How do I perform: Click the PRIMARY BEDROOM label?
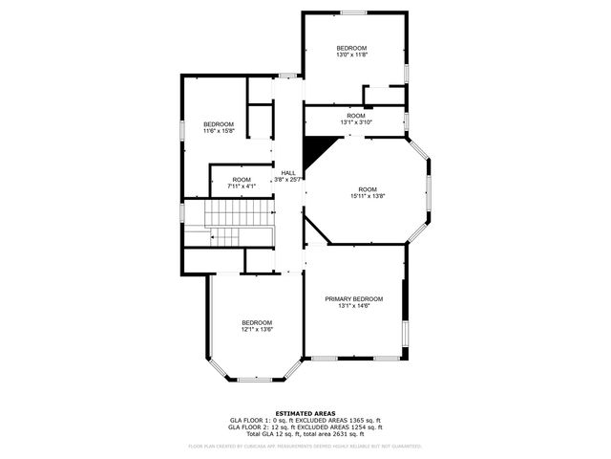click(353, 299)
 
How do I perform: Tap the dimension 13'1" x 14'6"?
click(353, 306)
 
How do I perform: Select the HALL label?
click(287, 173)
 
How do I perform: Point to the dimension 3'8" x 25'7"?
click(287, 180)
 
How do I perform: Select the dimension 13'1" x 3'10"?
click(356, 122)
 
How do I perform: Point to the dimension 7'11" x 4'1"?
click(242, 186)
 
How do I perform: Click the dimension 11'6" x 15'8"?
click(218, 131)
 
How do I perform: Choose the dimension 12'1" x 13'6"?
click(256, 330)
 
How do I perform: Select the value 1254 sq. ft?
click(363, 427)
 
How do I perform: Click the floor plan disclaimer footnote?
click(305, 446)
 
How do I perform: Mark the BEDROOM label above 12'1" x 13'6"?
click(256, 322)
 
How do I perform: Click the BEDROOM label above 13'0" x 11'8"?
click(351, 48)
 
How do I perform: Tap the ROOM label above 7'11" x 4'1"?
click(242, 179)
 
